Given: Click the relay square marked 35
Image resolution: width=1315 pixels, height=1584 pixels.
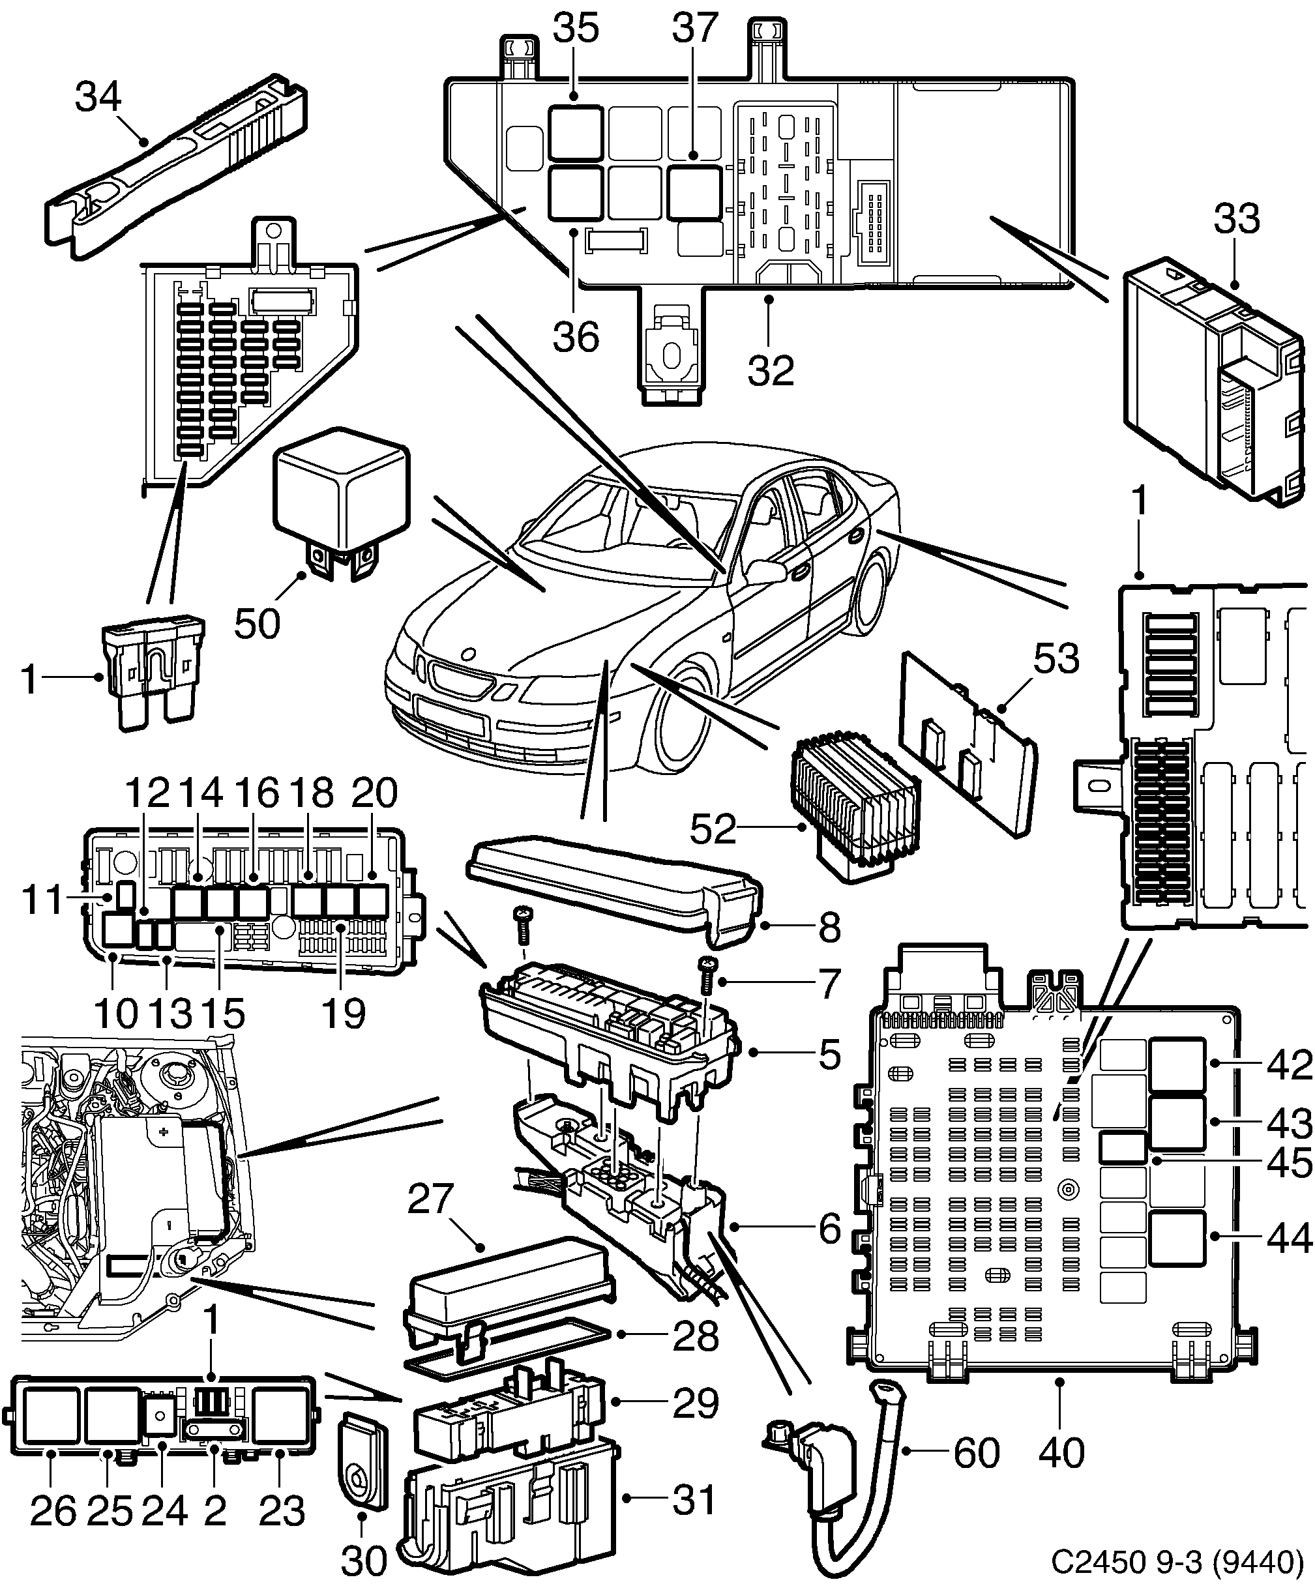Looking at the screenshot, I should click(575, 133).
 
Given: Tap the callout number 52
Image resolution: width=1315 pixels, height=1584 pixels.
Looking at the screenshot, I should click(712, 829).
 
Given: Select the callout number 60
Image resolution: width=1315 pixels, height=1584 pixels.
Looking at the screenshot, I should click(977, 1454).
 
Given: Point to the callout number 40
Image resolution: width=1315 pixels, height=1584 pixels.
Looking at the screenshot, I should click(1061, 1453).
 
